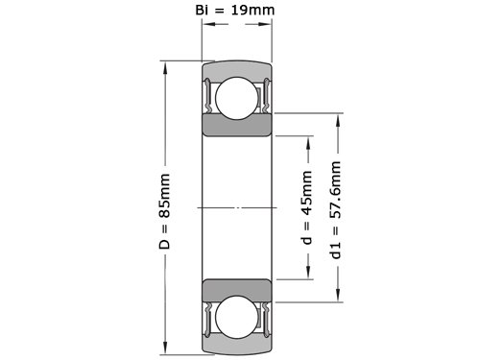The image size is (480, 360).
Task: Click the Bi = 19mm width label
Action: (x=235, y=10)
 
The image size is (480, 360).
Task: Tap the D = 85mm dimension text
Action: (x=164, y=211)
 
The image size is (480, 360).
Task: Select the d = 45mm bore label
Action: (x=306, y=207)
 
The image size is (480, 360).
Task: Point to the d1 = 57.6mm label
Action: (x=336, y=210)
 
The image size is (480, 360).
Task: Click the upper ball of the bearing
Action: (x=237, y=98)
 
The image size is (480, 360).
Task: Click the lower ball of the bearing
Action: (x=237, y=317)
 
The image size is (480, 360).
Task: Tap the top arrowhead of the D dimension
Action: (x=165, y=68)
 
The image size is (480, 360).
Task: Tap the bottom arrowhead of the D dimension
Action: (x=165, y=348)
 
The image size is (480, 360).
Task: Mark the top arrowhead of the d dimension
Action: (x=308, y=143)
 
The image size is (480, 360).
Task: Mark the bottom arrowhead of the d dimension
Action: (x=308, y=273)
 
